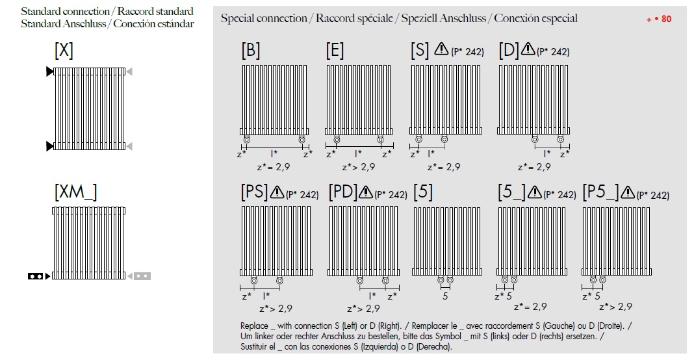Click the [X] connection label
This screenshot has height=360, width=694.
tap(64, 51)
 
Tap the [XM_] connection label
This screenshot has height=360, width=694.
tap(75, 192)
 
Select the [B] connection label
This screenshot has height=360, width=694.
tap(251, 51)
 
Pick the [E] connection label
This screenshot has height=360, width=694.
tap(335, 51)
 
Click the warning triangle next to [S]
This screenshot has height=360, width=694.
tap(442, 49)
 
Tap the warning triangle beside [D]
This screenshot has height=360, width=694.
tap(527, 49)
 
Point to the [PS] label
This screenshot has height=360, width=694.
tap(253, 192)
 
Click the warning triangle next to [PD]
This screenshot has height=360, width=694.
tap(365, 192)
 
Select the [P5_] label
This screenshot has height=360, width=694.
tap(600, 192)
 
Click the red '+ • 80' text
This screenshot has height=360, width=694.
tap(659, 19)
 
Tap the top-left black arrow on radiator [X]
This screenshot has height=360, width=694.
tap(50, 71)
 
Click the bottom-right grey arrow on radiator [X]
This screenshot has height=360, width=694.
tap(129, 146)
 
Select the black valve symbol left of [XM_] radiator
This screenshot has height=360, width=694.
tap(36, 276)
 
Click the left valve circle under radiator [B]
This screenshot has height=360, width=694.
tap(246, 140)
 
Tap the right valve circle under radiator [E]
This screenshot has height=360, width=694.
tap(379, 140)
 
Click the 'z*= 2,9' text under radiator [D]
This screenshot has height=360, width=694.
tap(535, 167)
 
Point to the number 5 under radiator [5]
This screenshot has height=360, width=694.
tap(445, 296)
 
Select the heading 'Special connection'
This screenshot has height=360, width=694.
tap(264, 18)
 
